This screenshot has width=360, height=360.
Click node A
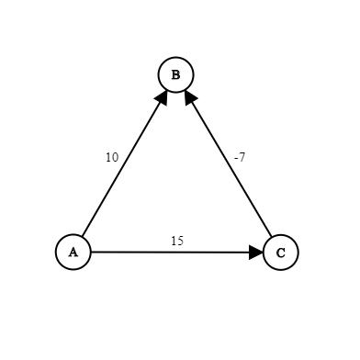[73, 253]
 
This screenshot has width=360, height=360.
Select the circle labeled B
[176, 74]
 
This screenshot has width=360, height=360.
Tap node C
[281, 253]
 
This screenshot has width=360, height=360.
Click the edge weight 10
[112, 157]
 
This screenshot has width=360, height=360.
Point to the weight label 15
[177, 242]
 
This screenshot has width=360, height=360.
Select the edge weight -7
[240, 157]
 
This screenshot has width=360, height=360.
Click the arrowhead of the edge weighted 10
[163, 97]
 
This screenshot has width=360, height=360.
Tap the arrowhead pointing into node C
[256, 253]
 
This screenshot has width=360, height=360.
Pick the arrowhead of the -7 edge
[190, 97]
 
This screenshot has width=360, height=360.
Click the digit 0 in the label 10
[115, 157]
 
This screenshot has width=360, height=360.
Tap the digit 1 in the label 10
[109, 157]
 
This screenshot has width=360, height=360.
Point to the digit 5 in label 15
[180, 242]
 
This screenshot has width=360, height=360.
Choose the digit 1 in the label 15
[174, 242]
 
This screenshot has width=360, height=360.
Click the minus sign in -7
[236, 158]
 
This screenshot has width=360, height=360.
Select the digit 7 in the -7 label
[242, 157]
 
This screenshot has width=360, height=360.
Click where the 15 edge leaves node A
[91, 253]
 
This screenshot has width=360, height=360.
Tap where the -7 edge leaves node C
[272, 237]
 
